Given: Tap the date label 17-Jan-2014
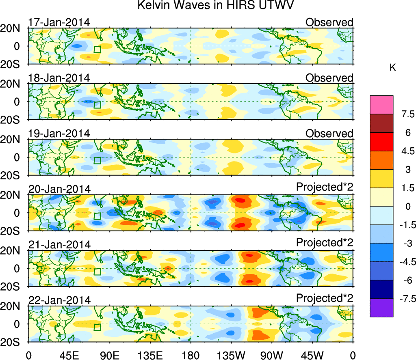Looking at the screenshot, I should click(59, 22).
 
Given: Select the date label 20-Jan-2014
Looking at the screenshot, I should click(59, 189).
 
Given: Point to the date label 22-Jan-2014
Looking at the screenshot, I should click(59, 300).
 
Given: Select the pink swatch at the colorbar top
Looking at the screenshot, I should click(381, 105).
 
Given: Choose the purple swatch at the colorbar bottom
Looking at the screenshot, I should click(381, 308).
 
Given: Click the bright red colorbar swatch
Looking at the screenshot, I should click(381, 142).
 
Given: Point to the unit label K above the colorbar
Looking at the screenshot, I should click(393, 68).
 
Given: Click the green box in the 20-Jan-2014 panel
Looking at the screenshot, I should click(97, 216).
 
